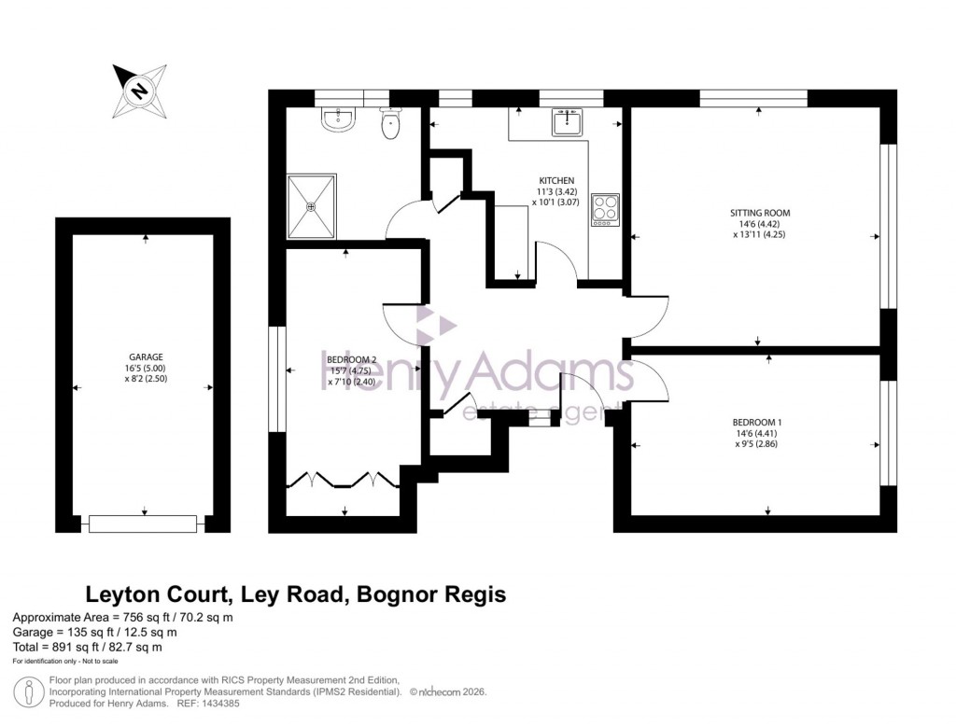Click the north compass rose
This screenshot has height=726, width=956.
pyautogui.click(x=140, y=90)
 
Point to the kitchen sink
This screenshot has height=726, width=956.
pyautogui.click(x=566, y=122)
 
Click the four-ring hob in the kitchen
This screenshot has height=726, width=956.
pyautogui.click(x=605, y=210)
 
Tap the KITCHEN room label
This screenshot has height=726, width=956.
pyautogui.click(x=556, y=180)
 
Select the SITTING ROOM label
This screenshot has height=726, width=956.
pyautogui.click(x=759, y=213)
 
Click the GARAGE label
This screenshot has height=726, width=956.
pyautogui.click(x=146, y=356)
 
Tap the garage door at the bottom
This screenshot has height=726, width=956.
pyautogui.click(x=143, y=524)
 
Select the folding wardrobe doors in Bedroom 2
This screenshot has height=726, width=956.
pyautogui.click(x=344, y=480)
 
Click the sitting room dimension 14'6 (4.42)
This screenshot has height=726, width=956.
pyautogui.click(x=759, y=224)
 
